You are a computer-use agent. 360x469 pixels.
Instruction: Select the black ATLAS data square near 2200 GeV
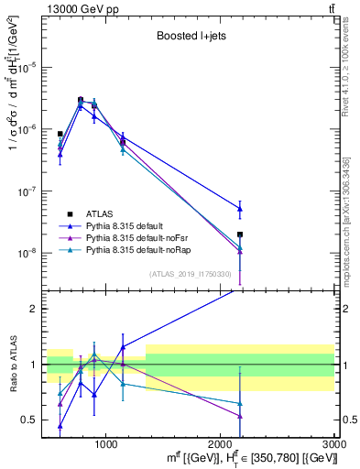(x=240, y=234)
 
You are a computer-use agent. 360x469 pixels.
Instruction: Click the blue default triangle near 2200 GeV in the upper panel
(x=240, y=209)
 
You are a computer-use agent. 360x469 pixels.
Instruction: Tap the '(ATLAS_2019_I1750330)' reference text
(x=189, y=273)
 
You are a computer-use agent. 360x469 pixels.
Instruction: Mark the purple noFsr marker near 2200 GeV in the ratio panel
(x=240, y=416)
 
